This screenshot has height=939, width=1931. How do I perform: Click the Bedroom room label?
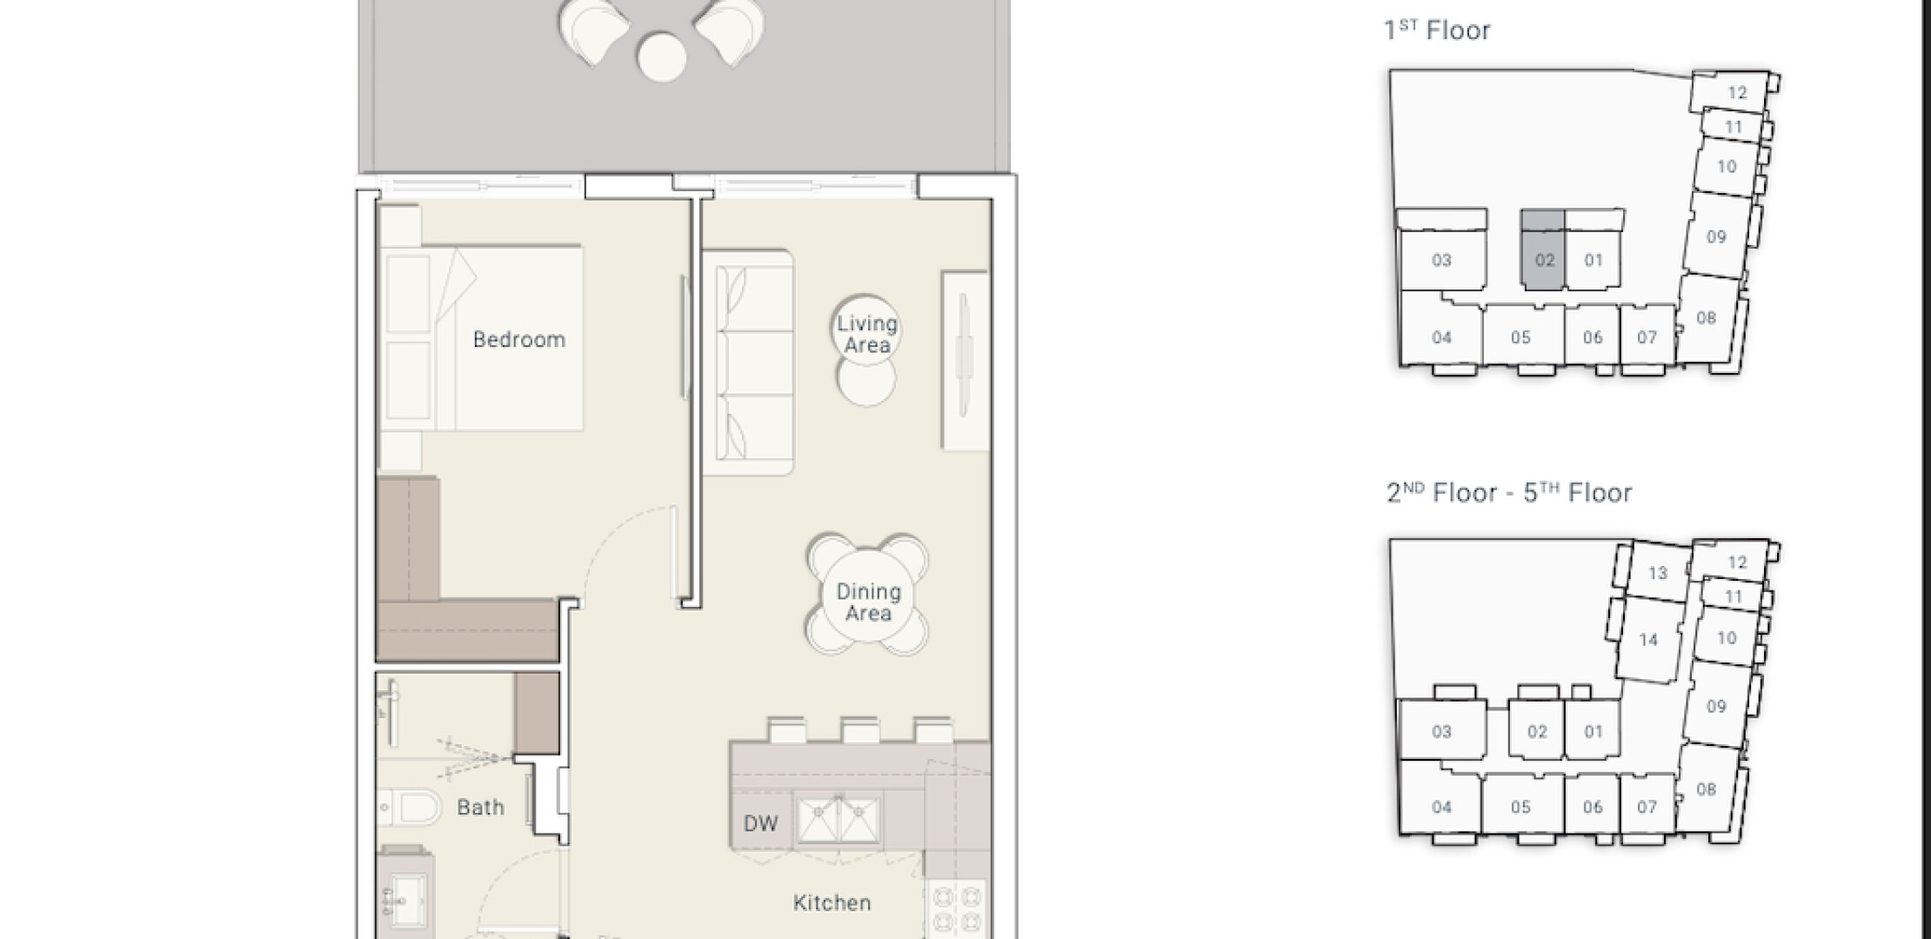pyautogui.click(x=519, y=339)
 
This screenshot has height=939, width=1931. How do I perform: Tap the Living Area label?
pyautogui.click(x=866, y=335)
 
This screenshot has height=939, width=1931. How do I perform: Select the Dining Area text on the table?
pyautogui.click(x=868, y=603)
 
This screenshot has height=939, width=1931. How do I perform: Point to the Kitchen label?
pyautogui.click(x=832, y=903)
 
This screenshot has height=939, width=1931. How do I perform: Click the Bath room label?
pyautogui.click(x=480, y=808)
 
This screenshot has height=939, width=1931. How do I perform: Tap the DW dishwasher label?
pyautogui.click(x=760, y=823)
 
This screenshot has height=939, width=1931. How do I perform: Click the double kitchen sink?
pyautogui.click(x=839, y=818)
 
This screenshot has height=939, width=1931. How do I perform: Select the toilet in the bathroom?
pyautogui.click(x=411, y=807)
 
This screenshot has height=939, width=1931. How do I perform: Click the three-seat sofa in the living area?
pyautogui.click(x=748, y=363)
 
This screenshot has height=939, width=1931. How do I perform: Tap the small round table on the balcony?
pyautogui.click(x=661, y=57)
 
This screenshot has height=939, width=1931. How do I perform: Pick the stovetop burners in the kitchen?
pyautogui.click(x=956, y=909)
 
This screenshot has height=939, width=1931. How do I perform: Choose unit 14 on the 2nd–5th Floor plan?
pyautogui.click(x=1647, y=640)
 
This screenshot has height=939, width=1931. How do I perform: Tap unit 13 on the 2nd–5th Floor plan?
pyautogui.click(x=1657, y=573)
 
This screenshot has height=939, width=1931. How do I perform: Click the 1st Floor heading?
pyautogui.click(x=1437, y=30)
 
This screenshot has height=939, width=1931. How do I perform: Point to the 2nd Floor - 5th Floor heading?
pyautogui.click(x=1508, y=493)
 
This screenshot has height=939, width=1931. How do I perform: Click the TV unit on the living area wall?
pyautogui.click(x=965, y=361)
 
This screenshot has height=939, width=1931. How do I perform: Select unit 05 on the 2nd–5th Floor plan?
pyautogui.click(x=1520, y=807)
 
